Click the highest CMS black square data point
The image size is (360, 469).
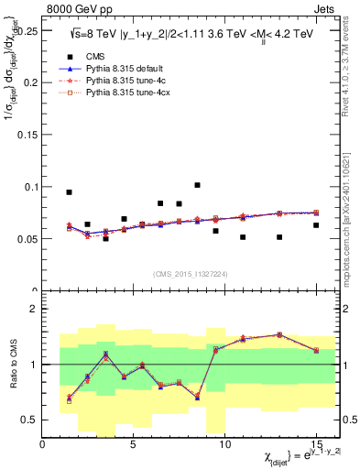click(197, 185)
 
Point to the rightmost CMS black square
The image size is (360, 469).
click(316, 225)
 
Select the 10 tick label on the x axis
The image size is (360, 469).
click(224, 443)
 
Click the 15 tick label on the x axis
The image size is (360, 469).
click(315, 443)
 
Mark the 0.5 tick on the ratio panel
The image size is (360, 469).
click(32, 420)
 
